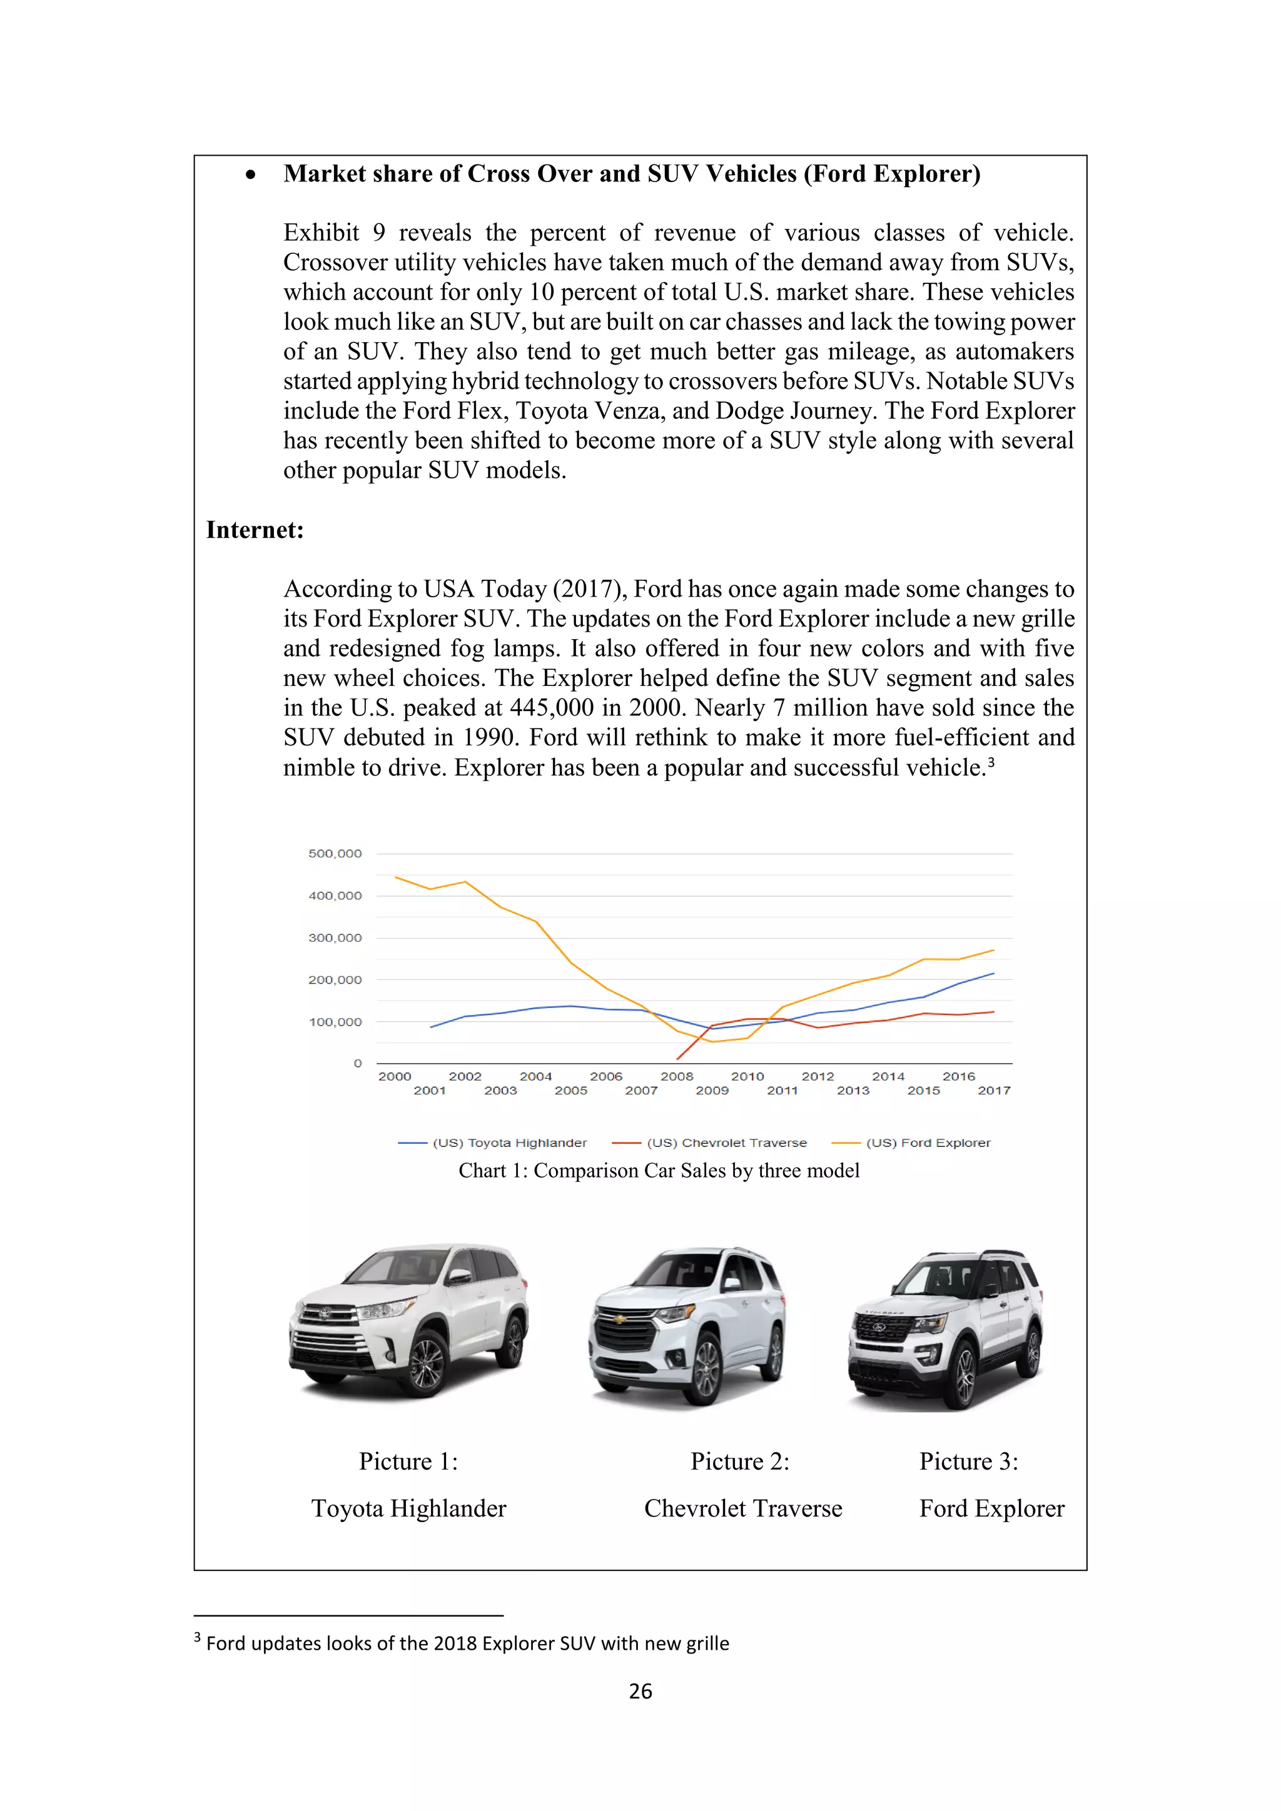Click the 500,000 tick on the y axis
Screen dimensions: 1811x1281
click(335, 854)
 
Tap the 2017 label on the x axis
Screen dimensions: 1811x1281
click(993, 1090)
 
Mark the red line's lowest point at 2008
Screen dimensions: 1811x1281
click(677, 1059)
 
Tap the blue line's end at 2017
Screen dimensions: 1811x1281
click(993, 973)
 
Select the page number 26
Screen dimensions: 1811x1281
click(640, 1690)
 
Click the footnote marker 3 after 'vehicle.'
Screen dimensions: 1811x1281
click(991, 761)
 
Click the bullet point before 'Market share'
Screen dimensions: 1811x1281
click(251, 175)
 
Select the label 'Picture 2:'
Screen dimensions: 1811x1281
click(739, 1461)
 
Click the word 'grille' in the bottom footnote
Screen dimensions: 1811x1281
click(707, 1643)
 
